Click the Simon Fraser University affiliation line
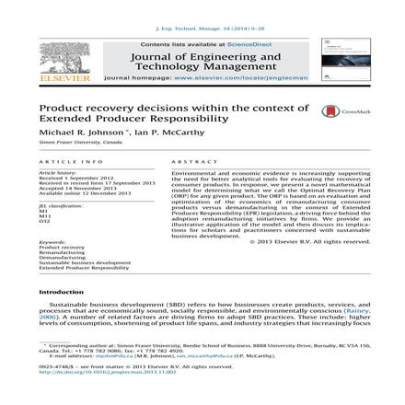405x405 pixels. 69,138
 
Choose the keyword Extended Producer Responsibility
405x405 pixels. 84,267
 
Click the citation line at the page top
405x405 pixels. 202,31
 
